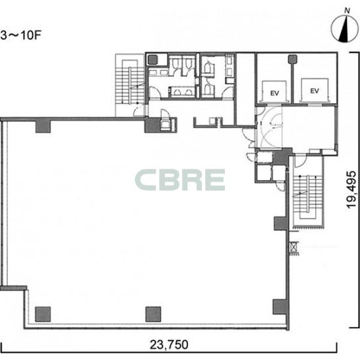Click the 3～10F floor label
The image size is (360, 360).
click(21, 36)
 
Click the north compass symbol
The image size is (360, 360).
click(344, 28)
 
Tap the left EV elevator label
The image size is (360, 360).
click(275, 93)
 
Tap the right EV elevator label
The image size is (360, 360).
click(314, 91)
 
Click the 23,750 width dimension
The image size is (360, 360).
click(169, 345)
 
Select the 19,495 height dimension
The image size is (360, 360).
click(351, 190)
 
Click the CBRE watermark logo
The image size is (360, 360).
click(180, 180)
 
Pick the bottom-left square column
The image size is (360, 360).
click(43, 314)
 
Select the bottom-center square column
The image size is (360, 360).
click(153, 314)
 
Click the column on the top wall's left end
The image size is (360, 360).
click(43, 126)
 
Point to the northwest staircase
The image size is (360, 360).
click(130, 85)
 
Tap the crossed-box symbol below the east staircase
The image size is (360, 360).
click(293, 247)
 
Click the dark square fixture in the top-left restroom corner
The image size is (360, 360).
click(152, 60)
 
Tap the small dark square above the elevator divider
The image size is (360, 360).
click(292, 59)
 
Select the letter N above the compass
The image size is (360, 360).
click(347, 11)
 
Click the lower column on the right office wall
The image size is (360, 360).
click(280, 307)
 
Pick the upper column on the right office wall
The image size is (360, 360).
click(281, 224)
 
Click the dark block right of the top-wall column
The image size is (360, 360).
click(152, 125)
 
